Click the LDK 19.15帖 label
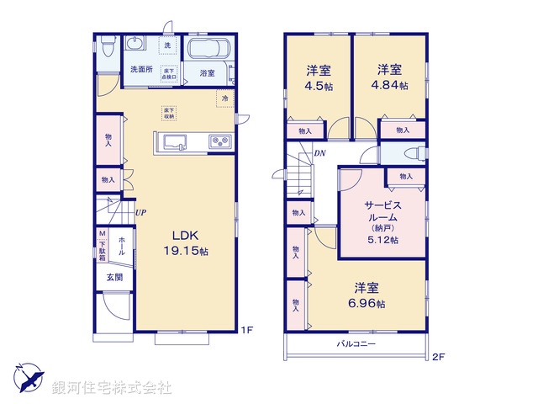[x=190, y=243]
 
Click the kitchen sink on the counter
[x=174, y=141]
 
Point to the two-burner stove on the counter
[x=219, y=141]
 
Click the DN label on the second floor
[x=319, y=153]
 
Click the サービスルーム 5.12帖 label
[x=382, y=222]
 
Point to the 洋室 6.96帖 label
[x=369, y=295]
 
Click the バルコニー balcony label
[x=356, y=344]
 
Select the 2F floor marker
[x=437, y=357]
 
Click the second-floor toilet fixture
[x=411, y=153]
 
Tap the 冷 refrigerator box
[x=224, y=99]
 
